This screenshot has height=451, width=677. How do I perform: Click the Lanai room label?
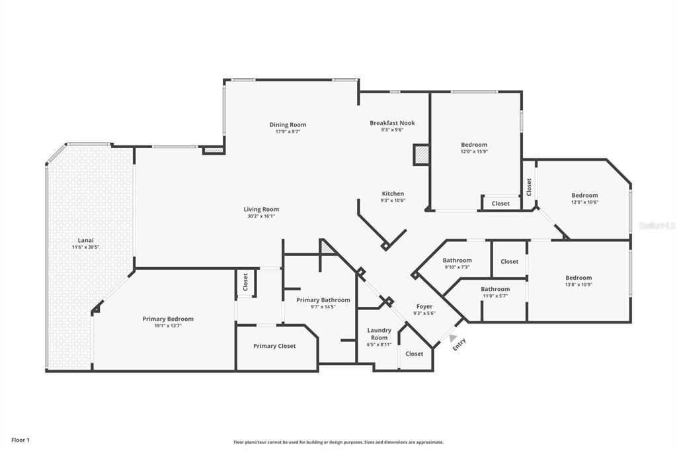(x=85, y=240)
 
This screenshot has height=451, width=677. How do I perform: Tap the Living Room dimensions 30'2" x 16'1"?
(x=261, y=216)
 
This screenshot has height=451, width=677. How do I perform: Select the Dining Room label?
(x=288, y=124)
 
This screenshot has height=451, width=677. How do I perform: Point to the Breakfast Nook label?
(x=392, y=123)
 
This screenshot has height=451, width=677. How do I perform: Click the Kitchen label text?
(x=393, y=194)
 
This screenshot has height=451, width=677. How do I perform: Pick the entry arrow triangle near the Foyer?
(x=453, y=338)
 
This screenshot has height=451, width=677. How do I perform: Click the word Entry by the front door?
(x=459, y=345)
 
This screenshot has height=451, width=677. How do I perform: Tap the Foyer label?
(x=424, y=306)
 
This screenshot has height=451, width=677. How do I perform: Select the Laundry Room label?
(x=379, y=333)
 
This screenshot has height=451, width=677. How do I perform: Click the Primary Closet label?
(x=274, y=346)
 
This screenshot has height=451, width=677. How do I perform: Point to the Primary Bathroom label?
(x=323, y=300)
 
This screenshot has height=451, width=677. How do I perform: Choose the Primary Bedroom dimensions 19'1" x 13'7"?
(x=168, y=326)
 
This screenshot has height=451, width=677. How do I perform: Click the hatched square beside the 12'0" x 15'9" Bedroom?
(x=421, y=155)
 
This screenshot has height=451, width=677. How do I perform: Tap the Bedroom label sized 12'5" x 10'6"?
(x=584, y=195)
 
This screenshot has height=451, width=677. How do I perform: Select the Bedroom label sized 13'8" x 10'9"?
(x=578, y=278)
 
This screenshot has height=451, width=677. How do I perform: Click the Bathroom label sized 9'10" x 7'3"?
(x=457, y=261)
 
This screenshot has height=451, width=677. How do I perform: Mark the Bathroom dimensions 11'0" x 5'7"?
(x=495, y=296)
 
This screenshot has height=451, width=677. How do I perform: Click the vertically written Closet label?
(x=529, y=186)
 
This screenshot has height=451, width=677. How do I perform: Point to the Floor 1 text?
(x=20, y=440)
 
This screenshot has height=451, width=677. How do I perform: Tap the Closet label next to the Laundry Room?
(x=415, y=354)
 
